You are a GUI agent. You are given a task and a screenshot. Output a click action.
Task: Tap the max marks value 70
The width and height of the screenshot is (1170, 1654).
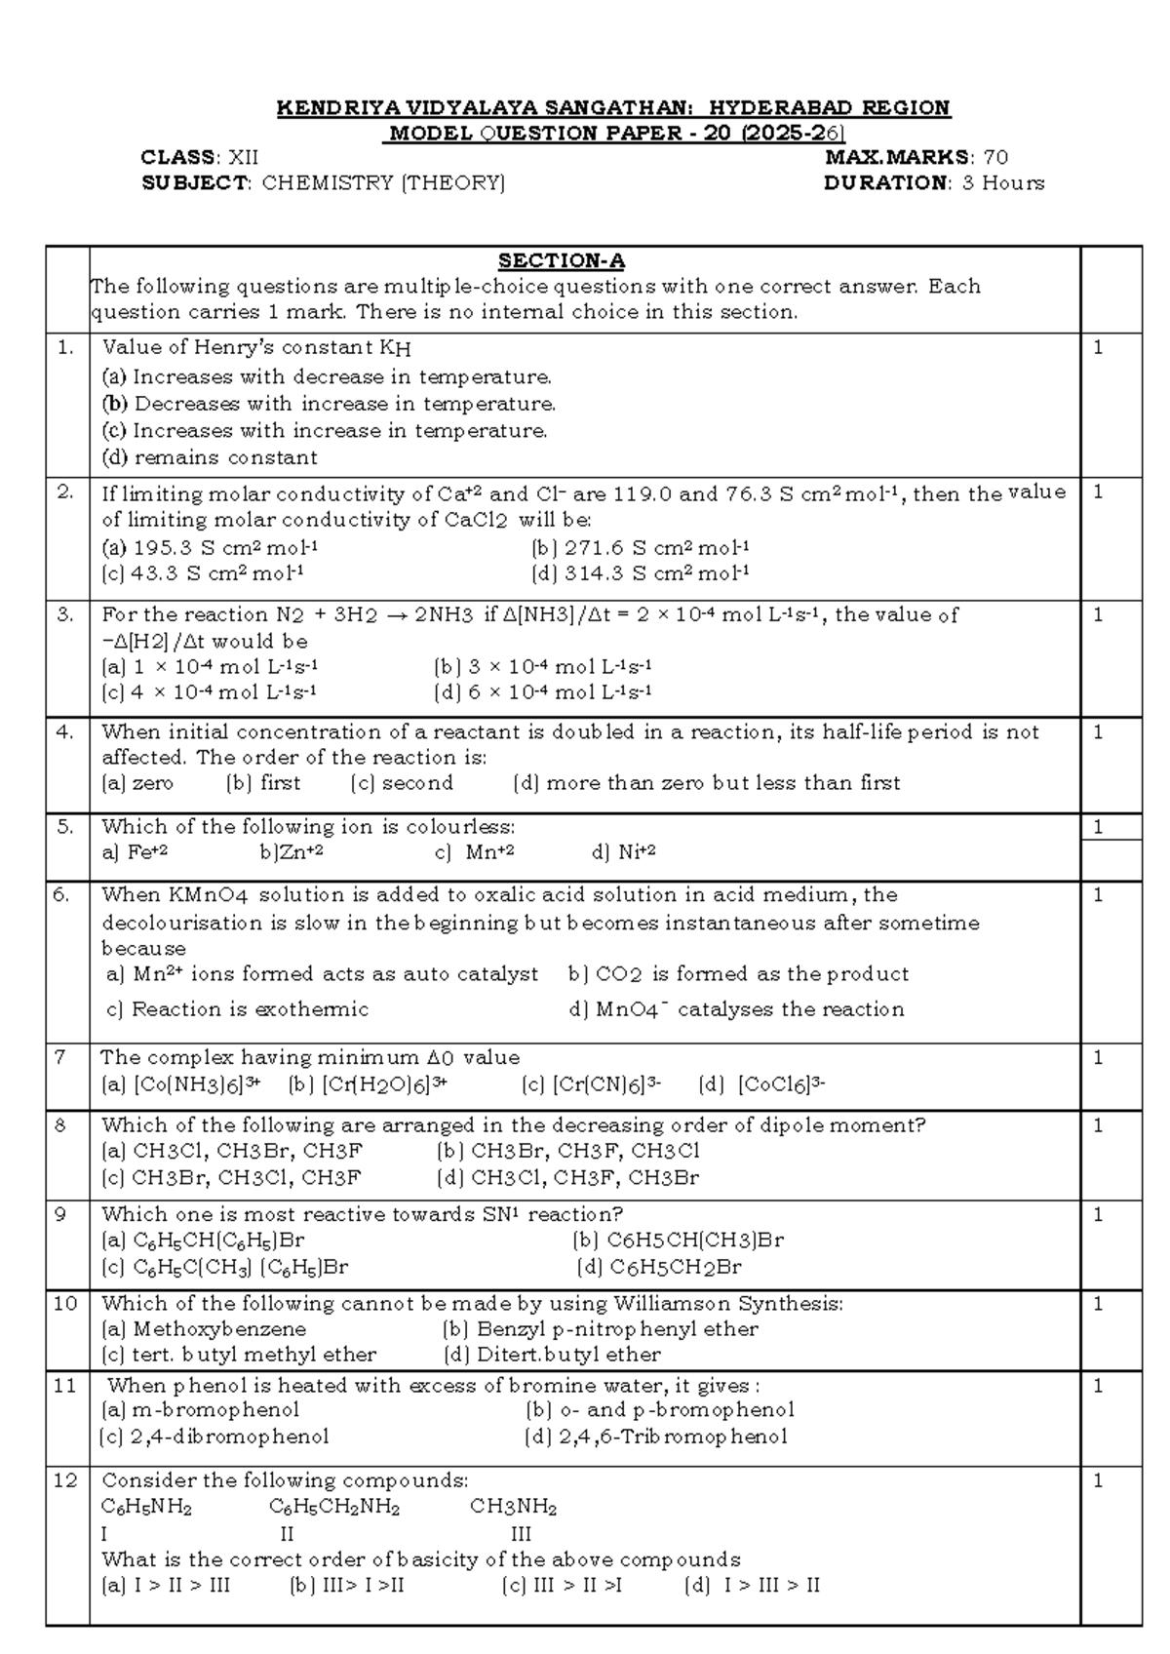(995, 157)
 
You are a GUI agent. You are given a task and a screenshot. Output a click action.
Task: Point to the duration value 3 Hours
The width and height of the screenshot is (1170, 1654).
(1003, 182)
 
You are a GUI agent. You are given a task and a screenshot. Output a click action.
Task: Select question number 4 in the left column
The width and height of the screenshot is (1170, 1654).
(65, 731)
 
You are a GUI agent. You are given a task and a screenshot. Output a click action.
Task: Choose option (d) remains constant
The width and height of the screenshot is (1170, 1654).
(210, 457)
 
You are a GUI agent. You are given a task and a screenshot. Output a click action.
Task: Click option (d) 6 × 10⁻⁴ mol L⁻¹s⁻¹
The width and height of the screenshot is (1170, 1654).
(542, 692)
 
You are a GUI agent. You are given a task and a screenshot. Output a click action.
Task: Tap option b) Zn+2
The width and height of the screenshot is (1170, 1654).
(292, 852)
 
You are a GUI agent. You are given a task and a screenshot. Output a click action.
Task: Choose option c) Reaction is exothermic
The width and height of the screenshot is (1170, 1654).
(237, 1009)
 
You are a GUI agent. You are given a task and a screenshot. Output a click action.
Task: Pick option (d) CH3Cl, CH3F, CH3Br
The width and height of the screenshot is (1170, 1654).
(568, 1177)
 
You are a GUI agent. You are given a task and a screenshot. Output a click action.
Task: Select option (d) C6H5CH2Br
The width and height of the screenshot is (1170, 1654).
(659, 1267)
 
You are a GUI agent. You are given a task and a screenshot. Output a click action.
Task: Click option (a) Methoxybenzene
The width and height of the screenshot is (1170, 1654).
(204, 1329)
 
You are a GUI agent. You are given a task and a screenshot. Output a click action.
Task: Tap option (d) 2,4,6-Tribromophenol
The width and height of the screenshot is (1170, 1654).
(655, 1437)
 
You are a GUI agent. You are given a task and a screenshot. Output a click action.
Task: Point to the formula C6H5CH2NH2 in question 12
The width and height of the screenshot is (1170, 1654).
(334, 1508)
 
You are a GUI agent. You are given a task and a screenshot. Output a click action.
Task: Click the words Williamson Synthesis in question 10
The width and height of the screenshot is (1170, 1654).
(726, 1304)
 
